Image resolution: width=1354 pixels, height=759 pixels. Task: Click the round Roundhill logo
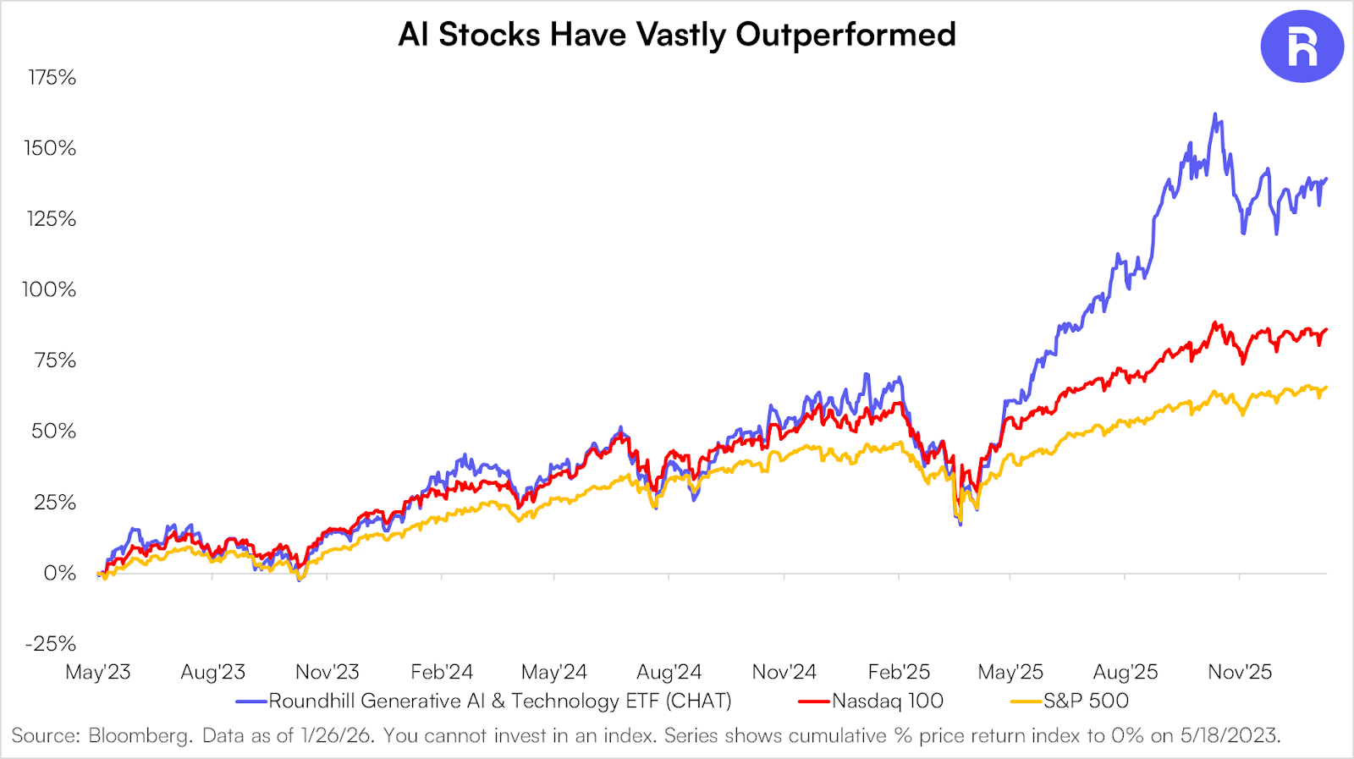pyautogui.click(x=1302, y=47)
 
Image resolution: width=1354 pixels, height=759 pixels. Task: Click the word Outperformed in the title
pyautogui.click(x=845, y=35)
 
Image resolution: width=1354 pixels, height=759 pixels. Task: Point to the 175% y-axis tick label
pyautogui.click(x=52, y=78)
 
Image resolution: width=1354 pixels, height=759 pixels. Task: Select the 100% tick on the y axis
pyautogui.click(x=49, y=289)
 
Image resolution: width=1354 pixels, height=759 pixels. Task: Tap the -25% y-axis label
pyautogui.click(x=51, y=644)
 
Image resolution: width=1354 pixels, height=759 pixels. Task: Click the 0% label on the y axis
pyautogui.click(x=59, y=574)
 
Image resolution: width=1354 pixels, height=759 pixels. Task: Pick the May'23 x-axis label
pyautogui.click(x=98, y=673)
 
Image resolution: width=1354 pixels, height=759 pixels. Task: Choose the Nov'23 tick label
pyautogui.click(x=327, y=673)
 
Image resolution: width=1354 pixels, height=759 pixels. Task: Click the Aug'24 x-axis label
pyautogui.click(x=669, y=673)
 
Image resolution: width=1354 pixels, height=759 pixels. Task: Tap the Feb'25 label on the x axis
pyautogui.click(x=899, y=673)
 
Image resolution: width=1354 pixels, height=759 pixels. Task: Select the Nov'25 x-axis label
pyautogui.click(x=1240, y=673)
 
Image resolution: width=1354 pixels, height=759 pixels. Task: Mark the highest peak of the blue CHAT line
pyautogui.click(x=1215, y=114)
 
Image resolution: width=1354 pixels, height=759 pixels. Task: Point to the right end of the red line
pyautogui.click(x=1326, y=329)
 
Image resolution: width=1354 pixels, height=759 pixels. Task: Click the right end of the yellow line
pyautogui.click(x=1326, y=388)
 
